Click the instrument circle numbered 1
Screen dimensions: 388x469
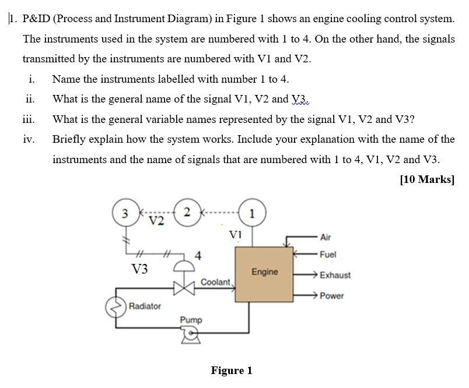[251, 213]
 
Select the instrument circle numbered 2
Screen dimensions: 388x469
[186, 212]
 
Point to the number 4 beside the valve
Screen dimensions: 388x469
[199, 255]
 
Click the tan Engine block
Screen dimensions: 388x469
[264, 273]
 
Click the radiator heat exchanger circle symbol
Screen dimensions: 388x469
[115, 306]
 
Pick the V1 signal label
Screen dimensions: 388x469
[236, 234]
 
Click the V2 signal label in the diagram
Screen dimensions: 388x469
[156, 221]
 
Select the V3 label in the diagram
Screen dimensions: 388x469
[140, 269]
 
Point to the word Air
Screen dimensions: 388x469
[325, 237]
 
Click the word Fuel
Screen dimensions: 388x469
[328, 255]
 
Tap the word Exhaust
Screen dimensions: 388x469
[335, 275]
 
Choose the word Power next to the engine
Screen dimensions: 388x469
[331, 296]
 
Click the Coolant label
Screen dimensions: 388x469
[216, 282]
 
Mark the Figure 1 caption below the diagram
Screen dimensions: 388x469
[232, 371]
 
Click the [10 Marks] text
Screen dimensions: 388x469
[427, 179]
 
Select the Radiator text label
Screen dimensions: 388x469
[145, 306]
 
